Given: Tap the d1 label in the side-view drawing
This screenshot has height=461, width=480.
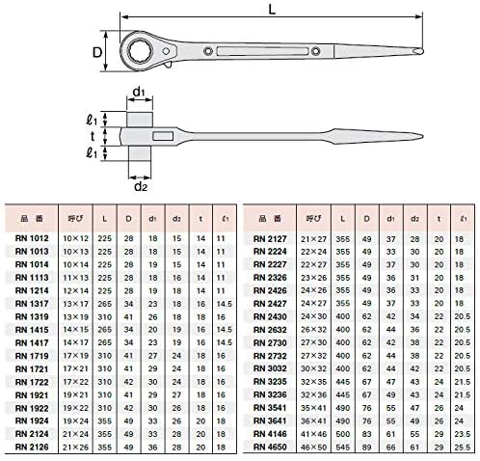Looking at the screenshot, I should tap(140, 93).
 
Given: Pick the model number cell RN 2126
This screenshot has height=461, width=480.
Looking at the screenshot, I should tap(36, 446).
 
